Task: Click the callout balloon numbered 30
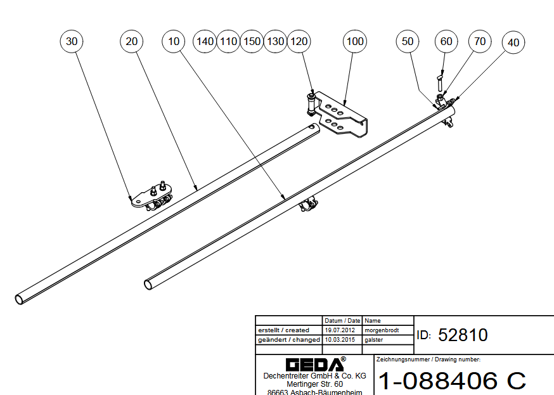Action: click(72, 41)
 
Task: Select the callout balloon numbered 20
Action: click(132, 41)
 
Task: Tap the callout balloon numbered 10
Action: click(174, 41)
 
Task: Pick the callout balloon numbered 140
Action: click(205, 41)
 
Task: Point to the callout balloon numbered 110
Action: click(228, 41)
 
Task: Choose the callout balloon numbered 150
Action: click(252, 41)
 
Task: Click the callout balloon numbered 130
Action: click(276, 41)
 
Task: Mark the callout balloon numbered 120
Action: click(299, 41)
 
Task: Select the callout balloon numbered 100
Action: click(355, 41)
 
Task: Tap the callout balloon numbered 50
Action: click(408, 41)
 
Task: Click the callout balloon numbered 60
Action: click(446, 41)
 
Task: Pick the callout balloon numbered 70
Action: click(480, 41)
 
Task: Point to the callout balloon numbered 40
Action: click(513, 42)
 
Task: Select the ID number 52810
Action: click(463, 335)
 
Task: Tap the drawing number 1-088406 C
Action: click(452, 380)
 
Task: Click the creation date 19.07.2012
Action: click(342, 330)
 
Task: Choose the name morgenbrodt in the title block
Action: click(382, 330)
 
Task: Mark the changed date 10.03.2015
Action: click(342, 340)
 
